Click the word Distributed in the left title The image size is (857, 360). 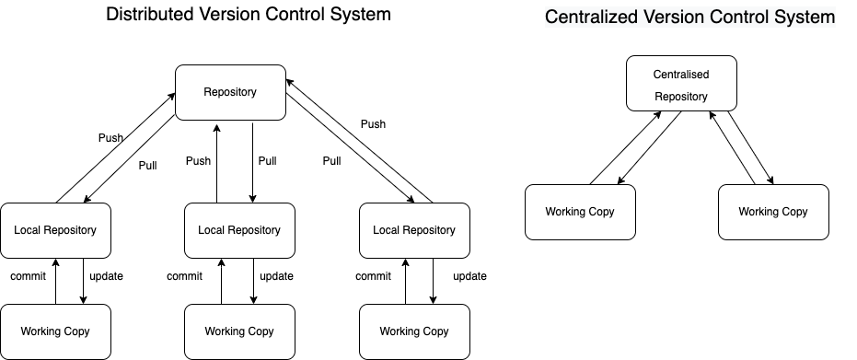[150, 15]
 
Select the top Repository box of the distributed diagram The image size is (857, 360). [230, 92]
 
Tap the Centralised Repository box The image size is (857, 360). [680, 84]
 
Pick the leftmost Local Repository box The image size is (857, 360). [55, 229]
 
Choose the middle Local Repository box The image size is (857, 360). [239, 229]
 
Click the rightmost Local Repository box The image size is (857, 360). [414, 229]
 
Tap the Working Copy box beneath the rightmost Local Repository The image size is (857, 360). [414, 331]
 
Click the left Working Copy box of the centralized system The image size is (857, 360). [580, 212]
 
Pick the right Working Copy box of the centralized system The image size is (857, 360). [773, 212]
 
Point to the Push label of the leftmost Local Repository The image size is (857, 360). [110, 138]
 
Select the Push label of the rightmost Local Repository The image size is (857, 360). [373, 124]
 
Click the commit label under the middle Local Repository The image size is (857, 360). [185, 276]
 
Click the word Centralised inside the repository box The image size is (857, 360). [681, 74]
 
